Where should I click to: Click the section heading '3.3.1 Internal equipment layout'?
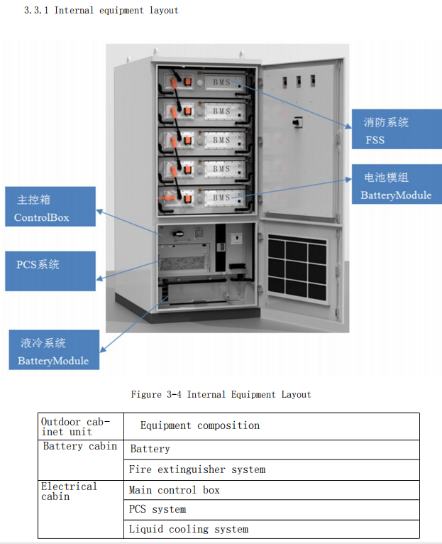pos(101,10)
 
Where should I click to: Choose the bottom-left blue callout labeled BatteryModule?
pos(53,350)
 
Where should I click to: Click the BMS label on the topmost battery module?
pos(221,83)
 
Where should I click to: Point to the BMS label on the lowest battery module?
pos(221,197)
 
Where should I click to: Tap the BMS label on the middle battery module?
pos(221,140)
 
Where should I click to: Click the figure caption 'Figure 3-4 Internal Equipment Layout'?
pos(221,394)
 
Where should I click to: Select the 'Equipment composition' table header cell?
pos(200,425)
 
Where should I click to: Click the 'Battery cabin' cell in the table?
pos(79,446)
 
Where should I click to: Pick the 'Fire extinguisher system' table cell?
pos(197,469)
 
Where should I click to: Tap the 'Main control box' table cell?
pos(175,490)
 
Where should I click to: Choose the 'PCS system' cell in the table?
pos(158,509)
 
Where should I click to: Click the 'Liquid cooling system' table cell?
pos(189,529)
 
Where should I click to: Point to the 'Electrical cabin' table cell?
pos(69,491)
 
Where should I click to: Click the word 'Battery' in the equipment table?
pos(150,449)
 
